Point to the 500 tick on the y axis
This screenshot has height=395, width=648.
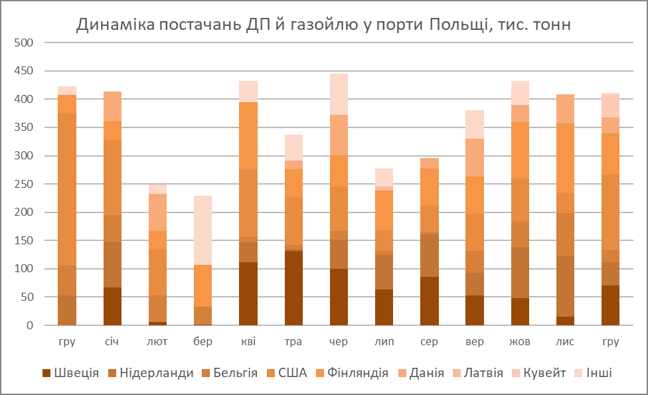pos(23,42)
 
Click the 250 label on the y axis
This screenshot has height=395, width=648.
pos(23,184)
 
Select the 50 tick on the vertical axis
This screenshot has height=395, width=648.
pos(26,297)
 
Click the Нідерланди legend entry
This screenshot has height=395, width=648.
pos(151,373)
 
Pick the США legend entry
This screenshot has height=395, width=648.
pos(286,373)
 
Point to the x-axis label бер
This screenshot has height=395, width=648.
pos(202,342)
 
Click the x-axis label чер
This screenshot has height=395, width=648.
pos(339,342)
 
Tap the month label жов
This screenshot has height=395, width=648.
pos(520,342)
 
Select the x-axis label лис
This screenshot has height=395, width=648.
pos(565,342)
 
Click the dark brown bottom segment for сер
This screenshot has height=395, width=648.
pos(430,301)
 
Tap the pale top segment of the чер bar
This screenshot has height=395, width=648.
pos(339,94)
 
